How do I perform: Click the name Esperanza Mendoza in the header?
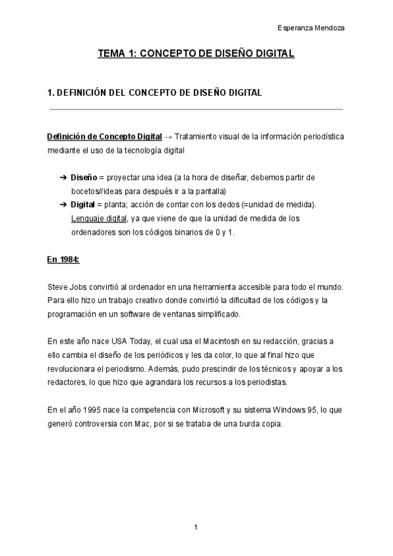(312, 28)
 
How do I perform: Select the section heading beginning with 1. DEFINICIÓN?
(155, 93)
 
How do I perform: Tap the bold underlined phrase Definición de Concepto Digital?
(104, 137)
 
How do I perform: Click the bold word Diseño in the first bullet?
(83, 178)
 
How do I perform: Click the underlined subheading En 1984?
(63, 260)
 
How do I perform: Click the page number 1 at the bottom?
(195, 527)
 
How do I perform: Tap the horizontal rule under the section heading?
(196, 109)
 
